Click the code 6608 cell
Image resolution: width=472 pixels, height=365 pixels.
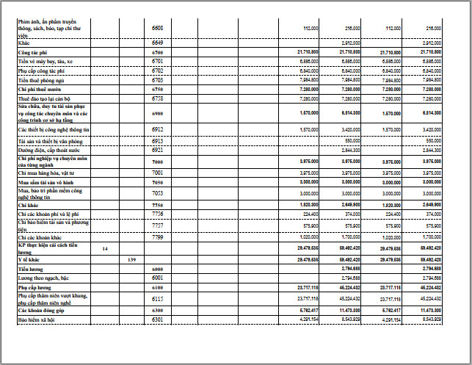click(157, 27)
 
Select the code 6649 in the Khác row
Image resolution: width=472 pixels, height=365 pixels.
click(157, 43)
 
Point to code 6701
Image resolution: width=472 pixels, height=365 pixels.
click(157, 62)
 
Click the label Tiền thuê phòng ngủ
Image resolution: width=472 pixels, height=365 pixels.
click(43, 79)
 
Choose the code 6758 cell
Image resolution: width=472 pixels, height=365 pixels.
click(157, 98)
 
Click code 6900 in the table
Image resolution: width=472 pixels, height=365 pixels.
click(157, 114)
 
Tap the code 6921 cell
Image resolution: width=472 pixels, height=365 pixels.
click(157, 149)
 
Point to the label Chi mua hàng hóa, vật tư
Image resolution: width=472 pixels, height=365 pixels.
click(48, 172)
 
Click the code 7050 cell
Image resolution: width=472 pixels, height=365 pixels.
click(157, 181)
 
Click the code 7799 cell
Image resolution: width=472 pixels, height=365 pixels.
click(157, 238)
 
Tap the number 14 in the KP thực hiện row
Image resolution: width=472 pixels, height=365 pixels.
click(105, 249)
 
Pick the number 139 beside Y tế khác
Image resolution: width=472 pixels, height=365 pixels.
click(131, 260)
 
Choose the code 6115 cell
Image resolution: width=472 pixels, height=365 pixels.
click(157, 299)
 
